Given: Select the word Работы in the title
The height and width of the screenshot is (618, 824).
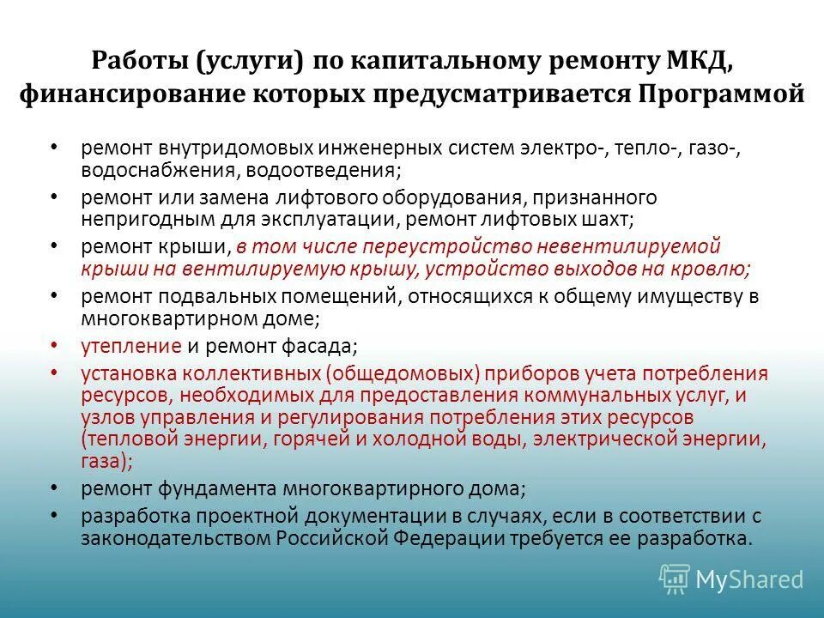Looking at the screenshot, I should [138, 62].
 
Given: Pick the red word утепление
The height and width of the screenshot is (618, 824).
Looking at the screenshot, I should [131, 347].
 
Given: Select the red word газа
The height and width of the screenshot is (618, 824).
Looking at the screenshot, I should [104, 460].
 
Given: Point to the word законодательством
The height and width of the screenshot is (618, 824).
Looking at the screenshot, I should [177, 538].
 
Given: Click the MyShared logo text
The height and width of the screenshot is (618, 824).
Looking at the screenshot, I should [749, 579].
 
